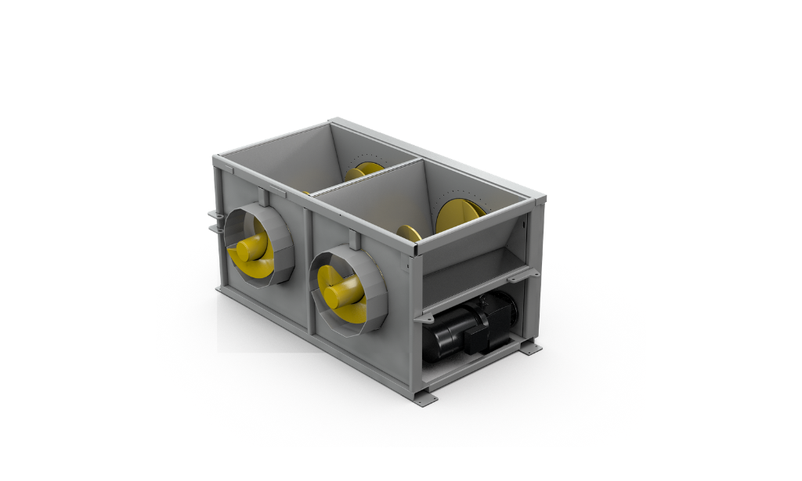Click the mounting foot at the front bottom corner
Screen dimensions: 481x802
click(x=426, y=397)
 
